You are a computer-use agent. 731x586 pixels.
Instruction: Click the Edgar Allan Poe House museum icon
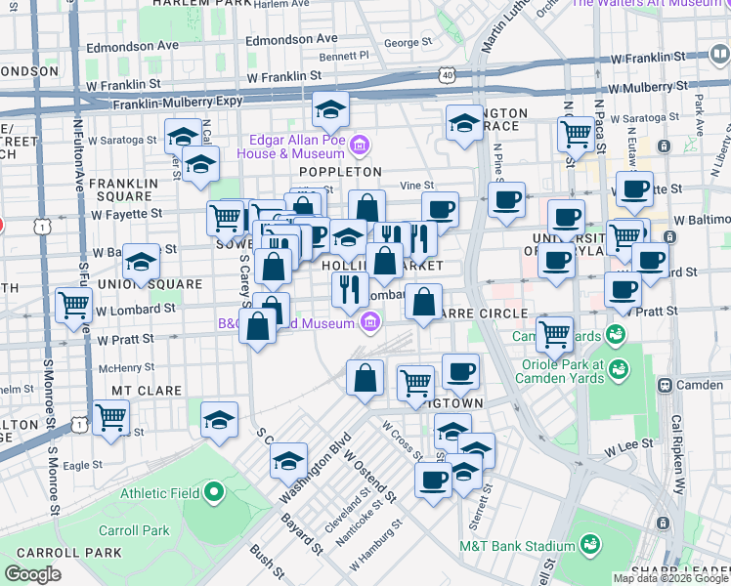coord(359,146)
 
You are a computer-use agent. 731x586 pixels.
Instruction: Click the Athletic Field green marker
coord(225,492)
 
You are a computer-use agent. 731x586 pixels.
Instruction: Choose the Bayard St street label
coord(302,528)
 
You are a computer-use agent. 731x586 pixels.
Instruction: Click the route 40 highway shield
coord(447,73)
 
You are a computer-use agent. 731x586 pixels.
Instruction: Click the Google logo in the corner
coord(33,574)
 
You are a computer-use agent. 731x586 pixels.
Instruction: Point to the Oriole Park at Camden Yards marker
coord(617,369)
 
